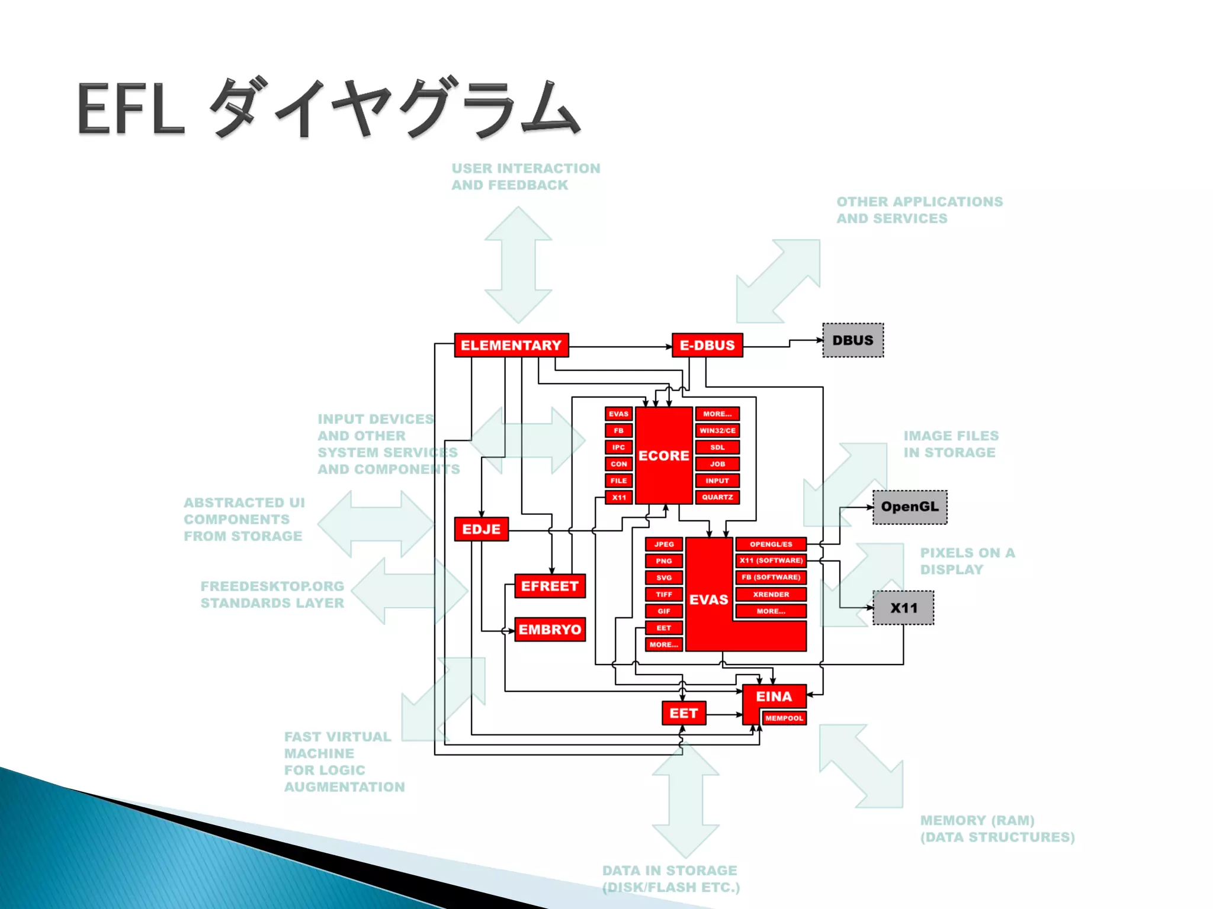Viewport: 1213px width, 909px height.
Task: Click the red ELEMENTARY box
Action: pyautogui.click(x=511, y=345)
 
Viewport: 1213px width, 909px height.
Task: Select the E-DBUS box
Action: pyautogui.click(x=707, y=345)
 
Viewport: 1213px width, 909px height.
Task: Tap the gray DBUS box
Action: pyautogui.click(x=853, y=340)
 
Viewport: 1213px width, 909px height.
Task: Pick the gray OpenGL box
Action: pyautogui.click(x=910, y=507)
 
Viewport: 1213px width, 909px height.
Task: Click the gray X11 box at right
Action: pyautogui.click(x=903, y=608)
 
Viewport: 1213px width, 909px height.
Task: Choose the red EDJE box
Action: pyautogui.click(x=481, y=529)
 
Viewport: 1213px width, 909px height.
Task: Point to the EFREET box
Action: pyautogui.click(x=550, y=586)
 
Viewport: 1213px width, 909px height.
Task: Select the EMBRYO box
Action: pyautogui.click(x=550, y=629)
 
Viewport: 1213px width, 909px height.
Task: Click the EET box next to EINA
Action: pyautogui.click(x=683, y=713)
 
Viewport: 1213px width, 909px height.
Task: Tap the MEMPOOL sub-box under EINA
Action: pyautogui.click(x=784, y=718)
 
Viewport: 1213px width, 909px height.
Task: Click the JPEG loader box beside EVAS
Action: pyautogui.click(x=664, y=544)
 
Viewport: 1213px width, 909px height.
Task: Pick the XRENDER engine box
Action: pyautogui.click(x=771, y=594)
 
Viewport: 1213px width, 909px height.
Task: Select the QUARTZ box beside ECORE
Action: pyautogui.click(x=717, y=497)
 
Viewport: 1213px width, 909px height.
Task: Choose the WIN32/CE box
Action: pyautogui.click(x=717, y=431)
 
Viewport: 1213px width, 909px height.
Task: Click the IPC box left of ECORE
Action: pyautogui.click(x=618, y=447)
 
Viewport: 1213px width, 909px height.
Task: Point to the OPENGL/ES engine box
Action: pyautogui.click(x=771, y=544)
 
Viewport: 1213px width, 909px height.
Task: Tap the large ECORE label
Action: pyautogui.click(x=664, y=456)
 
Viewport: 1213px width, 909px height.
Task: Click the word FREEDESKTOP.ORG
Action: pyautogui.click(x=272, y=586)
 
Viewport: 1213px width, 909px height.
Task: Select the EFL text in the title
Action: pyautogui.click(x=130, y=110)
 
